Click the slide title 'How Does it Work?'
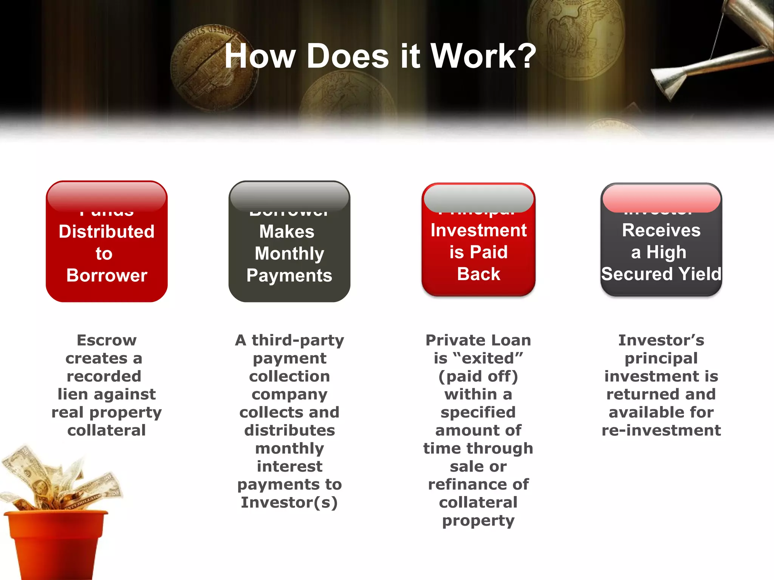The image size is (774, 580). (x=380, y=56)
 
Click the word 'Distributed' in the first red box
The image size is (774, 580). (x=107, y=231)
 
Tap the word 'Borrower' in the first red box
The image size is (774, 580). (x=107, y=275)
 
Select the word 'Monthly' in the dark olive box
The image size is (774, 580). (x=289, y=253)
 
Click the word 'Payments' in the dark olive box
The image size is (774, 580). (x=289, y=275)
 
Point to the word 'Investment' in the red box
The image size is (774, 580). (x=478, y=230)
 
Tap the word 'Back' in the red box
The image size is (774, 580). (x=478, y=274)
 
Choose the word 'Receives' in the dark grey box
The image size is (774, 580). (x=661, y=230)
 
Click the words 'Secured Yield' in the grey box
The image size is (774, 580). (x=661, y=274)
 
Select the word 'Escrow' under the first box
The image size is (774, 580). (x=107, y=340)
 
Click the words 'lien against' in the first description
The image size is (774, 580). (x=107, y=394)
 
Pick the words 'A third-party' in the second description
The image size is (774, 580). (x=289, y=340)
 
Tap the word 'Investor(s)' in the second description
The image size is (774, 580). (x=289, y=503)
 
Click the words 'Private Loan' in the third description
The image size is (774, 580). (x=478, y=340)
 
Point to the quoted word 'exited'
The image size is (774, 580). (x=478, y=358)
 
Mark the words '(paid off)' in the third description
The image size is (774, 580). (x=478, y=376)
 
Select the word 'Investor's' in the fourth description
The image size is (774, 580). (x=661, y=340)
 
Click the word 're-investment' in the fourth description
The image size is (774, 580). (x=661, y=430)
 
